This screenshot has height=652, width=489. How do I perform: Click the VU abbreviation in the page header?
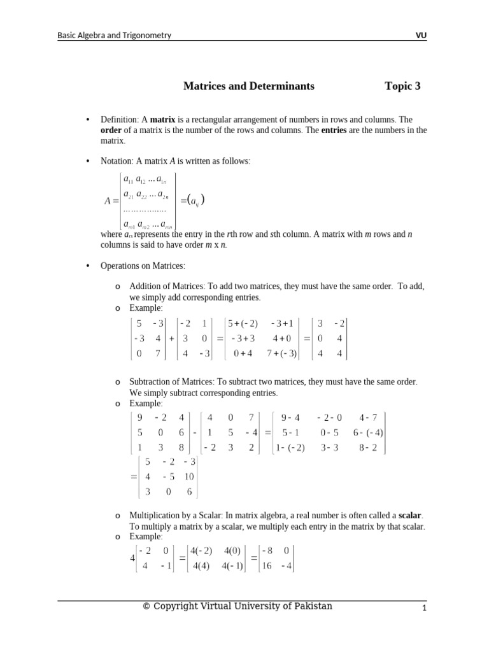click(x=421, y=36)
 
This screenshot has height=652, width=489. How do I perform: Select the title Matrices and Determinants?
click(x=248, y=86)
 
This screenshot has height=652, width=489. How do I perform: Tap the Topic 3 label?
click(x=402, y=86)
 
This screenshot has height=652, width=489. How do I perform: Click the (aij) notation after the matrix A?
click(x=193, y=201)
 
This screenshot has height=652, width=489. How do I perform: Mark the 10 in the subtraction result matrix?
click(x=189, y=477)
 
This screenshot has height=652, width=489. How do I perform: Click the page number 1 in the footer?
click(x=423, y=609)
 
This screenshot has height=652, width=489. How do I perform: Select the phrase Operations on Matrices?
click(x=142, y=265)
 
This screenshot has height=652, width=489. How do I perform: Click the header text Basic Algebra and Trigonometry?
click(x=115, y=36)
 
